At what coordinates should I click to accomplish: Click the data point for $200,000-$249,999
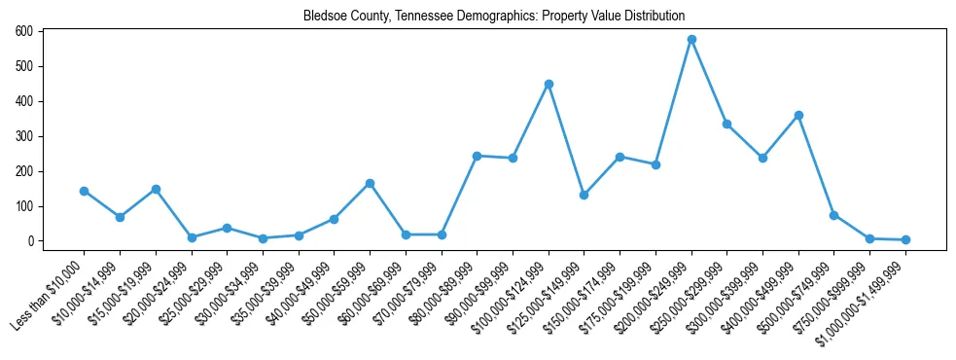pos(691,40)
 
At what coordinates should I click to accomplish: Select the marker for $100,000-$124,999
pos(549,84)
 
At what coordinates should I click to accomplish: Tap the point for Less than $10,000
pos(84,191)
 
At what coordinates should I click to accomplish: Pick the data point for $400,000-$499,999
pos(798,115)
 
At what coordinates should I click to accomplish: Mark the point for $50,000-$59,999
pos(370,183)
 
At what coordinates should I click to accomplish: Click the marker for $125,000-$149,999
pos(584,195)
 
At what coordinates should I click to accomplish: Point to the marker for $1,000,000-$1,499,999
pos(905,239)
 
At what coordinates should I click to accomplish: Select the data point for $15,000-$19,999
pos(156,189)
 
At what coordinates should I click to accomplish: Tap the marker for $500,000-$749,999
pos(834,215)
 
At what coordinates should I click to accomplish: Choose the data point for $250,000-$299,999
pos(726,124)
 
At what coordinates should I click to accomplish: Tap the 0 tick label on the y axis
pos(31,241)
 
